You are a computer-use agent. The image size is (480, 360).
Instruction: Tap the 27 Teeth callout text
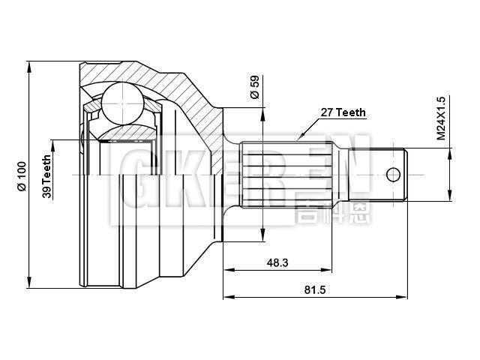coord(343,112)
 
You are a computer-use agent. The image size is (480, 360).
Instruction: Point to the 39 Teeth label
coord(46,176)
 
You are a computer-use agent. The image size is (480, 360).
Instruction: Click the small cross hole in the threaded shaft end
coord(394,175)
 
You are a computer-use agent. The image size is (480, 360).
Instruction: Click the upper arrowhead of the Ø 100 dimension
coord(28,65)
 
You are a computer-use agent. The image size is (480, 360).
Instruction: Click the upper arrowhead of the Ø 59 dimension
coord(263,112)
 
